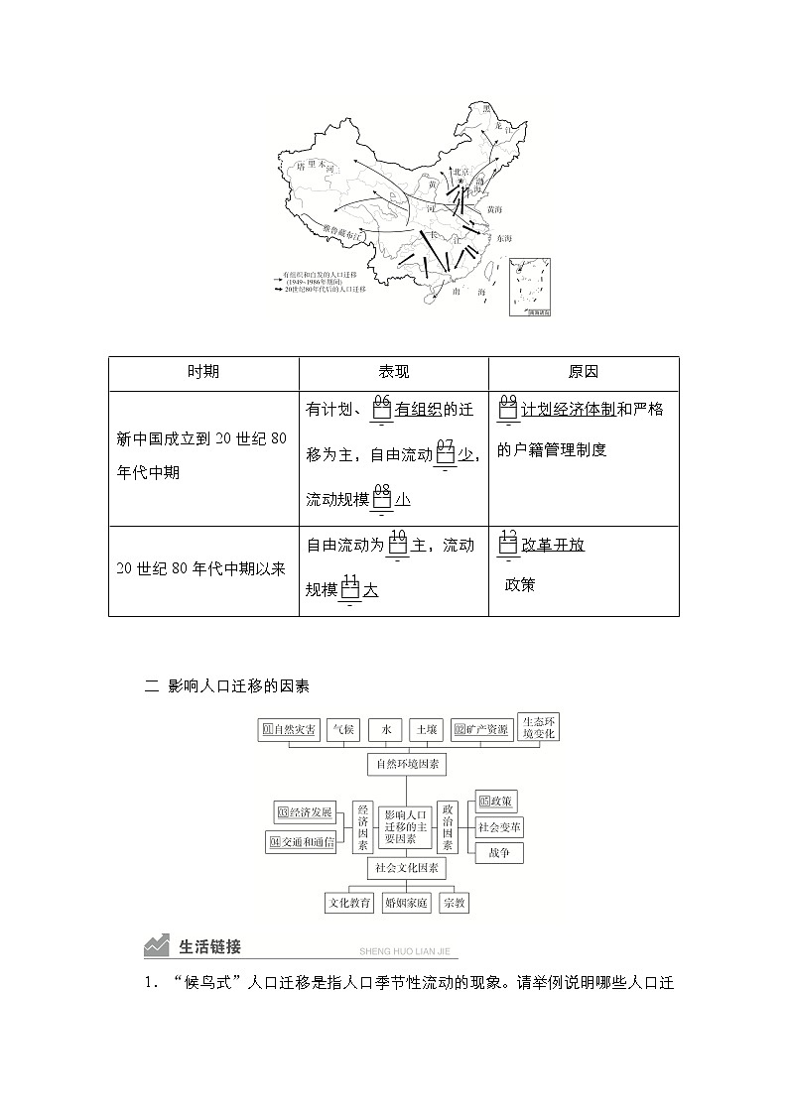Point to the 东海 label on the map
point(503,239)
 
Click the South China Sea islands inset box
point(530,288)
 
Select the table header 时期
point(203,372)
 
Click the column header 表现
point(393,372)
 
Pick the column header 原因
point(584,372)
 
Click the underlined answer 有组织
point(424,409)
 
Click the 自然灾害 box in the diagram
point(289,730)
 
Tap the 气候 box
point(342,730)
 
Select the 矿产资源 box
point(481,730)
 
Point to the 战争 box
point(498,853)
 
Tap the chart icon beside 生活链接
point(156,946)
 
